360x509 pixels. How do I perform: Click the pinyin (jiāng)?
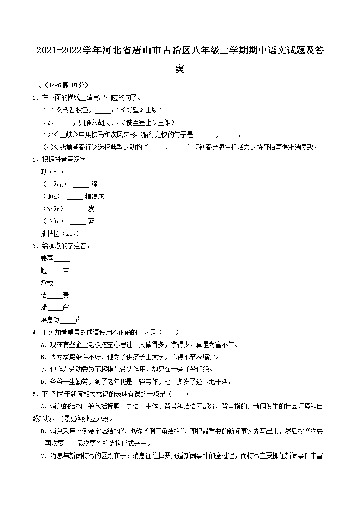point(54,184)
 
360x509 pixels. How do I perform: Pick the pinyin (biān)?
point(54,209)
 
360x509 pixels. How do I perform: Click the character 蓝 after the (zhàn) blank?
point(92,221)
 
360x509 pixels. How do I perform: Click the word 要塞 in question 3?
point(47,258)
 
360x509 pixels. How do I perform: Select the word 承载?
point(47,283)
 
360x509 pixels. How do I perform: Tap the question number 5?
point(34,394)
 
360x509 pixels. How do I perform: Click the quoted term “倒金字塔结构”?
point(103,431)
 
